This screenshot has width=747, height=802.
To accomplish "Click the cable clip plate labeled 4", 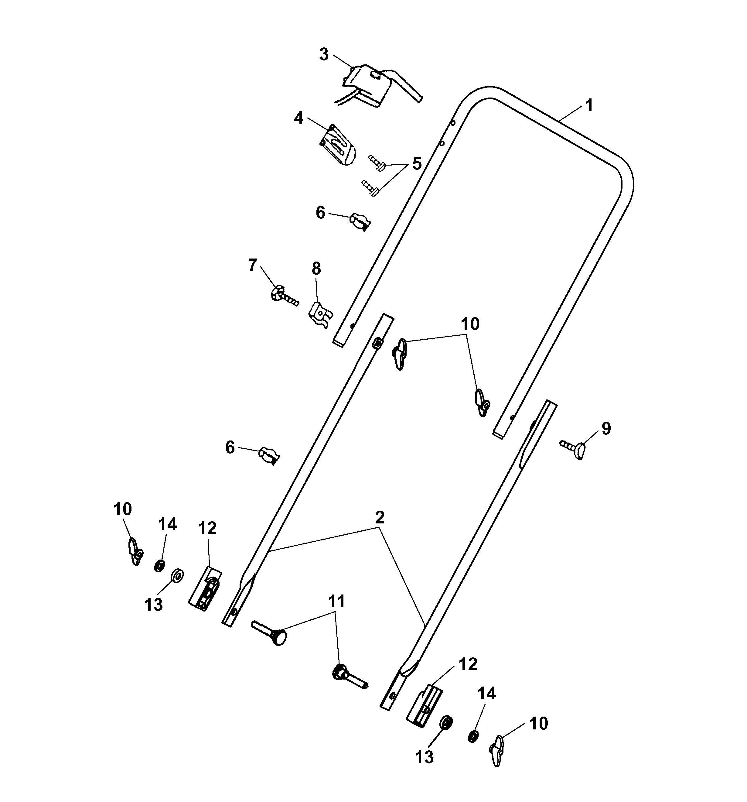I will coord(338,145).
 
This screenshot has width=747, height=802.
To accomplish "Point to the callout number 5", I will coord(416,164).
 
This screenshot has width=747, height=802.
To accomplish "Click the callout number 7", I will coord(253,265).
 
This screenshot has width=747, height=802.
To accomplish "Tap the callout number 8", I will coord(316,268).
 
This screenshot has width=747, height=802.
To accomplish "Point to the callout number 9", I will coord(606,428).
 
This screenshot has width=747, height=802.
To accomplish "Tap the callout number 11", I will coord(336,601).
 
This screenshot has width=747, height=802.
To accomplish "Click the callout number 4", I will coord(298,118).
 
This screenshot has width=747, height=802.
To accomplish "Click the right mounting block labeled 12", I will coord(424,704).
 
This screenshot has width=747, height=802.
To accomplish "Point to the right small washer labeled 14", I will coord(473,736).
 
